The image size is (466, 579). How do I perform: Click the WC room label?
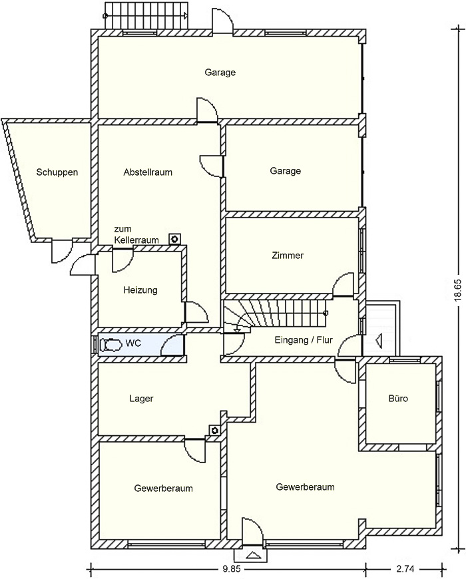[133, 343]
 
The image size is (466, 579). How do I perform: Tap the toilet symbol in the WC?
[111, 345]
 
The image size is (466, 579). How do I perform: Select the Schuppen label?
[57, 172]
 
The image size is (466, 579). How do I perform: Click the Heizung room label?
[140, 290]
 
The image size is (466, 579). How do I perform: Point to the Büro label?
[398, 399]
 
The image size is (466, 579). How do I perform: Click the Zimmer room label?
[288, 255]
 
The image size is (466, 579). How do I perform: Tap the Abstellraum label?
[148, 172]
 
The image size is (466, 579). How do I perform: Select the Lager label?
[141, 399]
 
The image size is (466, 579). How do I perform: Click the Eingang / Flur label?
[304, 340]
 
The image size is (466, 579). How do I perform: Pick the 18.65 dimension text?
[457, 290]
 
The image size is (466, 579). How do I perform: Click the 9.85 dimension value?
[231, 568]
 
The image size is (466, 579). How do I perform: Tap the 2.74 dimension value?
[405, 568]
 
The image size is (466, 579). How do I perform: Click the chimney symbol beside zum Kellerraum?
[174, 240]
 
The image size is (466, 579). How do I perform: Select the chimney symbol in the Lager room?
[214, 430]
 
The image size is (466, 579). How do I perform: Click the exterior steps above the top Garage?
[146, 15]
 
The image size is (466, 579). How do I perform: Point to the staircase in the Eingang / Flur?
[275, 313]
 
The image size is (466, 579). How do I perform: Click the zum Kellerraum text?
[136, 234]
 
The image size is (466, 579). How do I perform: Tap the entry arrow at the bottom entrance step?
[252, 554]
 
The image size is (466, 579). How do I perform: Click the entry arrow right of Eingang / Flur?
[378, 339]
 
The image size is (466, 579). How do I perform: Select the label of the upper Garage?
[220, 73]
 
